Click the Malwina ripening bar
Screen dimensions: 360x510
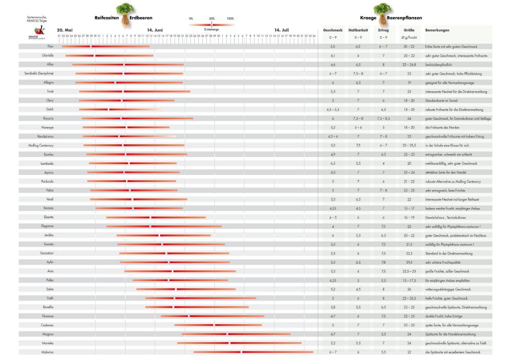[253, 352]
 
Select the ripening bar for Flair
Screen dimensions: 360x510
[106, 46]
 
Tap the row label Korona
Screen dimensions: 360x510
[48, 208]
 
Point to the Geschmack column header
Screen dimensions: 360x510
[333, 31]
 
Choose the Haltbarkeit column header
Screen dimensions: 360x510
[359, 31]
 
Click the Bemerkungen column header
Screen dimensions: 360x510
[437, 31]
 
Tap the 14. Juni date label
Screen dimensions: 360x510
[155, 30]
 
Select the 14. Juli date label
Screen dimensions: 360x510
[281, 30]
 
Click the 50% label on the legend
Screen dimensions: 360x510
[212, 18]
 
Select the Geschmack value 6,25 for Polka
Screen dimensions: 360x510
[333, 280]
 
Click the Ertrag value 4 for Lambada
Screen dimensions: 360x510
[384, 163]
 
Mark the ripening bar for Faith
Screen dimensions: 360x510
[200, 298]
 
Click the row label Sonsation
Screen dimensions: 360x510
[47, 253]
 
